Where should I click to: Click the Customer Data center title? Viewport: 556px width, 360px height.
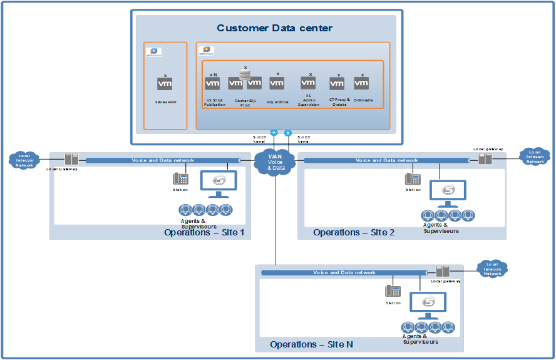pos(274,28)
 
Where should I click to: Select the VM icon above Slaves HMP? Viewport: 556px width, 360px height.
pos(165,84)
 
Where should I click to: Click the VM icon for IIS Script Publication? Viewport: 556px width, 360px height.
pos(212,83)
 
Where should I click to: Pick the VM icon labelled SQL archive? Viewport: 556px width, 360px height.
pos(277,83)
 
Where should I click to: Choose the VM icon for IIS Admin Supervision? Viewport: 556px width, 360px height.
pos(308,83)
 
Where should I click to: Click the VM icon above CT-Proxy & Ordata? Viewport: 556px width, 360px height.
pos(337,84)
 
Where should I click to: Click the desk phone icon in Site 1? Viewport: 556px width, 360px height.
pos(180,178)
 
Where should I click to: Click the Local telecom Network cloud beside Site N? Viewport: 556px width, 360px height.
pos(492,269)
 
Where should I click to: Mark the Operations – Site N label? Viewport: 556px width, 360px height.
pos(311,344)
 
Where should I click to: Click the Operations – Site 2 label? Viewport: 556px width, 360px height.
pos(354,232)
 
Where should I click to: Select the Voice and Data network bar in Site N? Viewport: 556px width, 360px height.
pos(344,272)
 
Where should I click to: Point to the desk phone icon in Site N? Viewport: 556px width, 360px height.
pos(393,291)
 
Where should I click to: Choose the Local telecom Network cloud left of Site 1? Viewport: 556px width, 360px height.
pos(24,160)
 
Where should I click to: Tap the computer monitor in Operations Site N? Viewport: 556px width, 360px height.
pos(428,304)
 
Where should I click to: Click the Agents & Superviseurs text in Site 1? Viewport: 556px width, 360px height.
pos(198,224)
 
